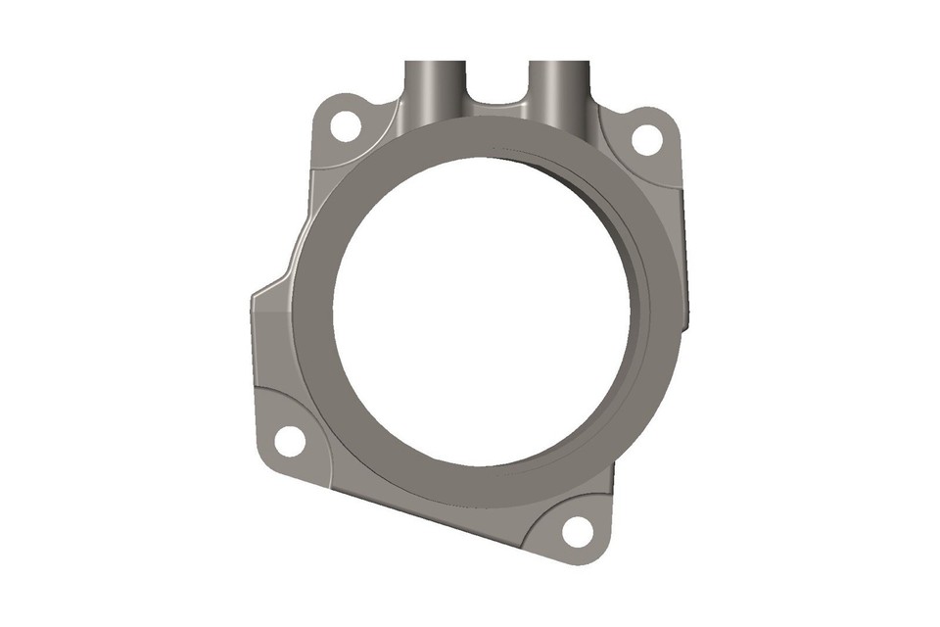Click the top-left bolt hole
point(345,125)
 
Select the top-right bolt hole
point(646,139)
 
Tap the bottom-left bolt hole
point(290,441)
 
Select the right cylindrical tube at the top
point(558,83)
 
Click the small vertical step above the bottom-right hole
point(612,480)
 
